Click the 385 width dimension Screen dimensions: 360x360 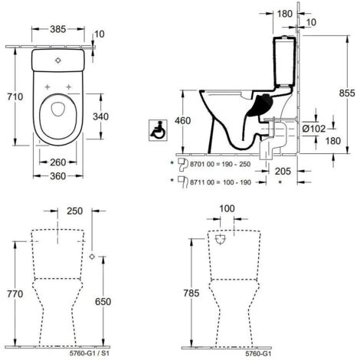click(x=58, y=29)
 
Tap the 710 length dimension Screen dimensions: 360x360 click(x=15, y=97)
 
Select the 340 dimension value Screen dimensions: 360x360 click(x=100, y=116)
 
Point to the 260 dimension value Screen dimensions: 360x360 click(x=58, y=162)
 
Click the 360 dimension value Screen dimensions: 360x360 click(x=58, y=176)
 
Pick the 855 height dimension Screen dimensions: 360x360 click(x=347, y=93)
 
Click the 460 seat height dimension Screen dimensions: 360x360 click(x=182, y=121)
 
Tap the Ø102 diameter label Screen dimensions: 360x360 click(x=314, y=129)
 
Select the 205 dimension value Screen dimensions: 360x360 click(x=283, y=171)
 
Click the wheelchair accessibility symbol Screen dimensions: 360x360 click(x=158, y=130)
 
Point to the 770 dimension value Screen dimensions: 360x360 click(x=15, y=294)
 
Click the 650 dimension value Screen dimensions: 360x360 click(x=103, y=302)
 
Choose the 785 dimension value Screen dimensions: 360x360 click(x=191, y=293)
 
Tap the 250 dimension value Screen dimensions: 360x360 click(x=75, y=211)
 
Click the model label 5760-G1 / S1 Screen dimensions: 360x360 click(x=89, y=354)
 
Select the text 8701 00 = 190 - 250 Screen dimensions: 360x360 click(x=221, y=164)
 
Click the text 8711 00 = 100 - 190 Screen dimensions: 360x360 click(x=221, y=182)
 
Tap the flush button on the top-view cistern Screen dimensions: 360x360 click(x=58, y=61)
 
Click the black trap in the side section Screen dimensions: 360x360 click(x=260, y=105)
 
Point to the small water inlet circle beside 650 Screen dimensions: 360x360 click(x=92, y=257)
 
